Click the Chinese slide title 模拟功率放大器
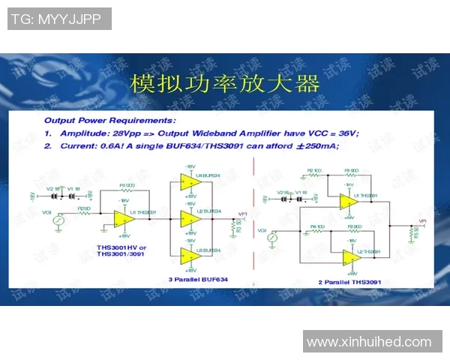225,83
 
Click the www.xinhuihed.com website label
370,342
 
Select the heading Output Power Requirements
110,120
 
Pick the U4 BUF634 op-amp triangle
187,181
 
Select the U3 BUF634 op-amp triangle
187,256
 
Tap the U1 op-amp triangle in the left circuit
121,218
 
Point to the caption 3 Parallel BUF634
198,278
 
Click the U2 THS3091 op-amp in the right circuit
350,257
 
